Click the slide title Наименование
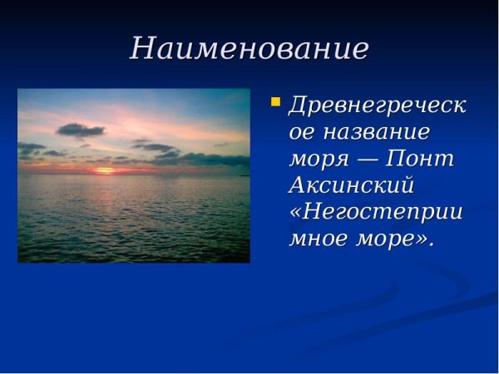point(249,48)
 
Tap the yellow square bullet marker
point(275,103)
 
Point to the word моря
point(316,159)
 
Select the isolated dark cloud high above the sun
point(80,130)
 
